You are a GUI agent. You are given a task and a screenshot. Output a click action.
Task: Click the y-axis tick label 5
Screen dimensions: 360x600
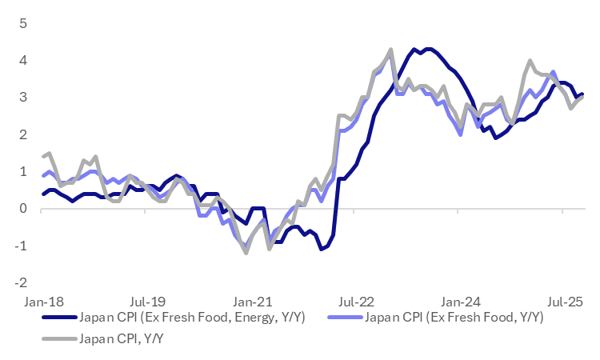(24, 23)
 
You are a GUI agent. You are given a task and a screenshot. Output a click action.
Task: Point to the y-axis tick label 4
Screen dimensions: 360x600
(24, 60)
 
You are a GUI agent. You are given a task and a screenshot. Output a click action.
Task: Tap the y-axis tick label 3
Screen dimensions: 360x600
(24, 97)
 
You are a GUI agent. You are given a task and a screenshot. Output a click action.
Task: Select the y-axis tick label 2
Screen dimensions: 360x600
(24, 134)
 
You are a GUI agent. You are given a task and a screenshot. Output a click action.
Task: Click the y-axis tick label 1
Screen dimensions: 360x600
(24, 171)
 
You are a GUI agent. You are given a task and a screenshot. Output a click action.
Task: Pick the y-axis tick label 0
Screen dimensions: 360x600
(24, 208)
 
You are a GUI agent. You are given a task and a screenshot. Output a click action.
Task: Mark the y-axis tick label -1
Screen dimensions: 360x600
(22, 246)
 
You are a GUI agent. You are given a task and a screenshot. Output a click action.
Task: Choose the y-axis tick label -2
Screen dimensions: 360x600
(22, 282)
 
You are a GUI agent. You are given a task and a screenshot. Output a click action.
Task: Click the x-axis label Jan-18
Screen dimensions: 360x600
(42, 302)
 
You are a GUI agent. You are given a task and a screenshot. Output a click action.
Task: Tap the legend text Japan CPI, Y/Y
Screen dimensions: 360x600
(124, 338)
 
